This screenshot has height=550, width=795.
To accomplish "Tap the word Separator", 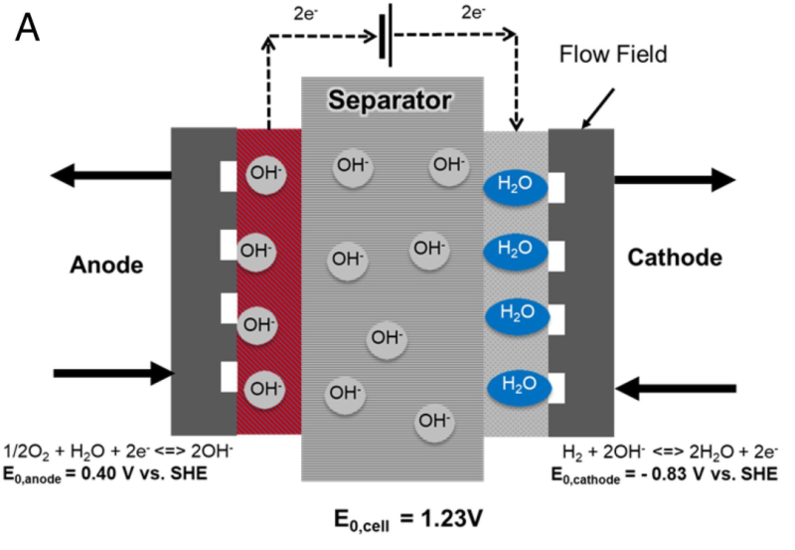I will (393, 100).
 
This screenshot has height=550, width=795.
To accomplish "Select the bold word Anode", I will (107, 265).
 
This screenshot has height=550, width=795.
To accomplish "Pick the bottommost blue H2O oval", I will (515, 382).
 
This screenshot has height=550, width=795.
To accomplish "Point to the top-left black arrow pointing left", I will (108, 177).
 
